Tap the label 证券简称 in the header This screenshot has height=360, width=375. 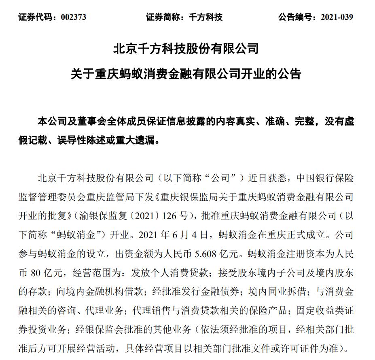[x=161, y=17]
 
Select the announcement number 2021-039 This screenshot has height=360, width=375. [x=337, y=17]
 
